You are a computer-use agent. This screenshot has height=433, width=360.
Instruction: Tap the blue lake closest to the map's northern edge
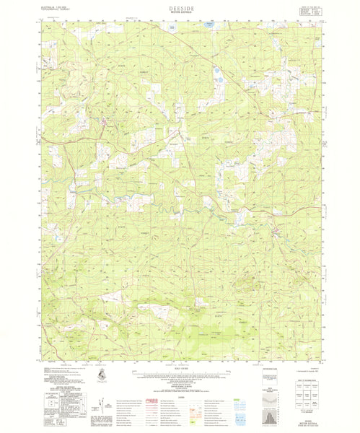208,26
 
